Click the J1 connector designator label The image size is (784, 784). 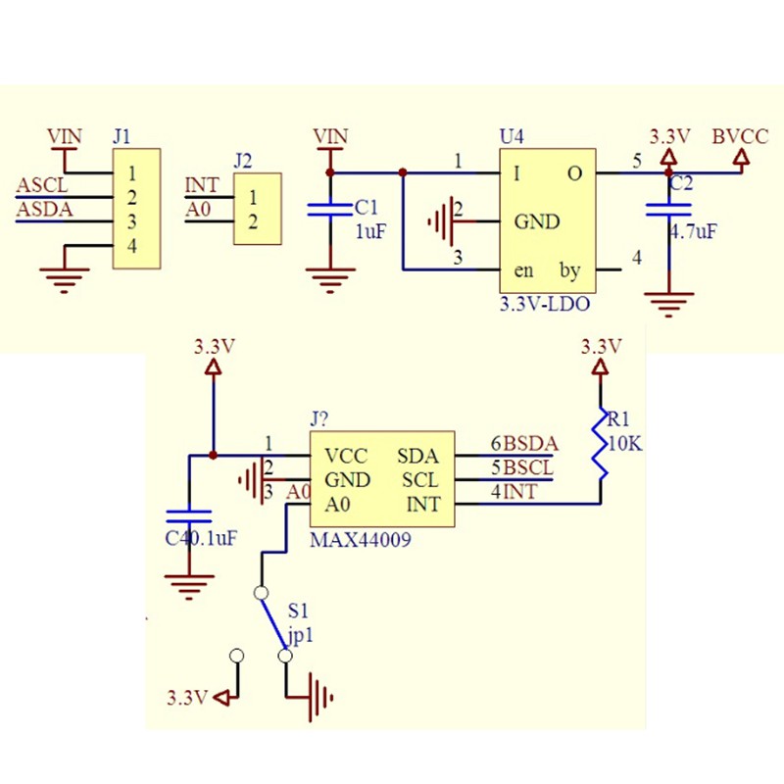pos(122,136)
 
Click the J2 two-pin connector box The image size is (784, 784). pos(257,209)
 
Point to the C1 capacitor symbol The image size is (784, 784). pos(329,209)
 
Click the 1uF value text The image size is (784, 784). pos(370,231)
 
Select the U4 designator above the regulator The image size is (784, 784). pos(511,136)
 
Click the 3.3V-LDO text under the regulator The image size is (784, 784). pos(544,306)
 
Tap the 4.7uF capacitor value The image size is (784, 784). pos(693,232)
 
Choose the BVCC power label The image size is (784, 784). pos(741,136)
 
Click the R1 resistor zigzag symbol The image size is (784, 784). pos(599,446)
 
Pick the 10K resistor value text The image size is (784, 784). pos(625,443)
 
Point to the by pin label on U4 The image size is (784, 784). pos(568,269)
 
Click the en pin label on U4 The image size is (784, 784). pos(523,269)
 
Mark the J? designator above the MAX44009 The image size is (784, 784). pos(319,419)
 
